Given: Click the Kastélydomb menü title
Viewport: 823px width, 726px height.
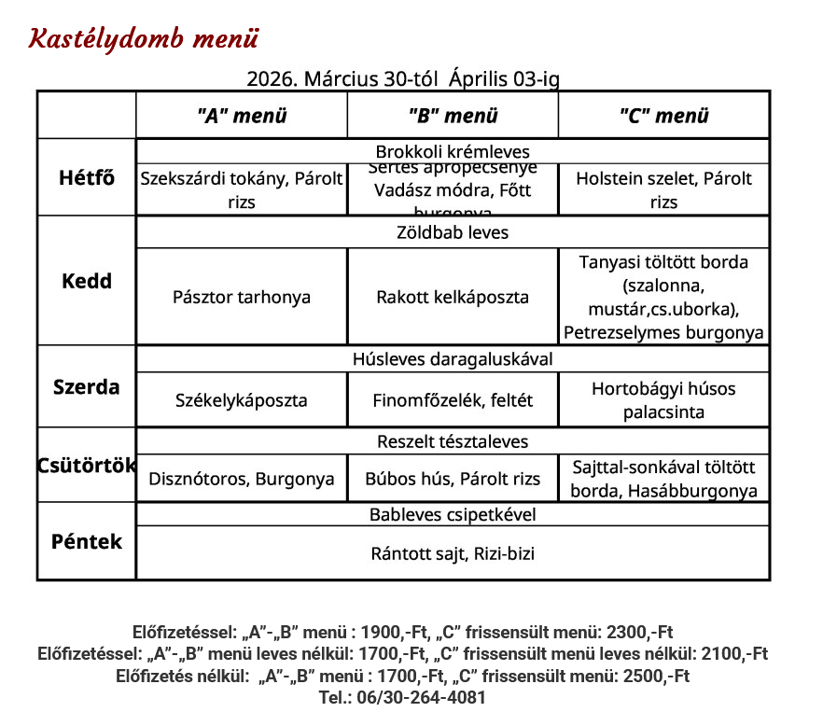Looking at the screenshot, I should click(144, 39).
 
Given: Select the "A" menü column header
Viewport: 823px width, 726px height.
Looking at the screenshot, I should click(242, 116).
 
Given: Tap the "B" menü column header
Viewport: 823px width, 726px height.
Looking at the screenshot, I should click(453, 116).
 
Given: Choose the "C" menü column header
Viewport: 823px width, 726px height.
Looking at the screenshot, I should click(663, 116).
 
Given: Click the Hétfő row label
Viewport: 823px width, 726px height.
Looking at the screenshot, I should click(87, 177).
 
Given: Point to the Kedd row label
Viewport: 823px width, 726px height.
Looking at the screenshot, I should click(87, 281).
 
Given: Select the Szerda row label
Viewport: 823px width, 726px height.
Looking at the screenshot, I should click(87, 386).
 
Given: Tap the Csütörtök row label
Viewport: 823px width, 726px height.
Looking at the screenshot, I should click(87, 465).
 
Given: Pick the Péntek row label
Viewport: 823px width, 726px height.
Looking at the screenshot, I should click(87, 541).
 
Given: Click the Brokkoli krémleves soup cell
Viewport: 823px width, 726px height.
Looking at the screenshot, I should click(453, 151).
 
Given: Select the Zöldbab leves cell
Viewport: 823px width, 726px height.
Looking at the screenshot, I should click(453, 232).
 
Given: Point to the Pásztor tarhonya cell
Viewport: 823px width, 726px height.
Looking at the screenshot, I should click(242, 297).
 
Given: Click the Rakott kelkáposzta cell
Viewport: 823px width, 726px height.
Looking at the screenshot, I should click(453, 297).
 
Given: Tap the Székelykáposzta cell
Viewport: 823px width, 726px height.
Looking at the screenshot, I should click(242, 399).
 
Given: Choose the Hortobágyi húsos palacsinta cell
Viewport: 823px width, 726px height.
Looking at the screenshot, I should click(663, 399).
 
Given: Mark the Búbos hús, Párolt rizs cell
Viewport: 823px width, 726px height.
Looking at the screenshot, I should click(453, 479).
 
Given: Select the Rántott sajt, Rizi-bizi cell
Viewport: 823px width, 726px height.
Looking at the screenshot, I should click(453, 553).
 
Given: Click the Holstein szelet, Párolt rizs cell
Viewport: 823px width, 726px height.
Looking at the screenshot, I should click(663, 189).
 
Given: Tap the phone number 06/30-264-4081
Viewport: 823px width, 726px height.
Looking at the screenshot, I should click(402, 697).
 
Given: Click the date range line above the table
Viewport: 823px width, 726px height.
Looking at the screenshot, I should click(403, 79).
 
